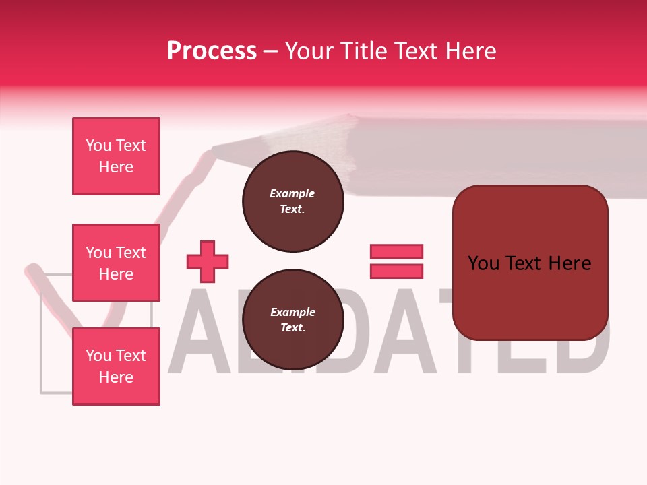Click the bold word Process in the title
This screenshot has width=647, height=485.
click(x=212, y=51)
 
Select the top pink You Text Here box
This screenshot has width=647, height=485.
click(x=116, y=156)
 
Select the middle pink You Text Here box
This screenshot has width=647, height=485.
click(x=116, y=263)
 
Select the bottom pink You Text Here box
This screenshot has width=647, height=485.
click(x=116, y=366)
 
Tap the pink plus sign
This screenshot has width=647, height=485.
click(x=208, y=261)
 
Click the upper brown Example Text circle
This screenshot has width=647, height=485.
click(x=292, y=201)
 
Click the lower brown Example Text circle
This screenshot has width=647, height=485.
click(x=292, y=320)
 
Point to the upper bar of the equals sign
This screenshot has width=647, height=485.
click(x=396, y=251)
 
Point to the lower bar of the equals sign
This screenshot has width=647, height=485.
click(x=396, y=271)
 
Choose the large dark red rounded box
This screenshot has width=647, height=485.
click(x=530, y=263)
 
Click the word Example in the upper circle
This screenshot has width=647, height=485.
click(x=292, y=193)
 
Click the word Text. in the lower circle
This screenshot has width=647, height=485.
click(x=292, y=328)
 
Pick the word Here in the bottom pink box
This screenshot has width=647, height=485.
click(x=116, y=377)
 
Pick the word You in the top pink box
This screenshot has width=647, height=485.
click(x=98, y=145)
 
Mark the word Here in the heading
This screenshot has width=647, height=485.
click(x=472, y=51)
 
